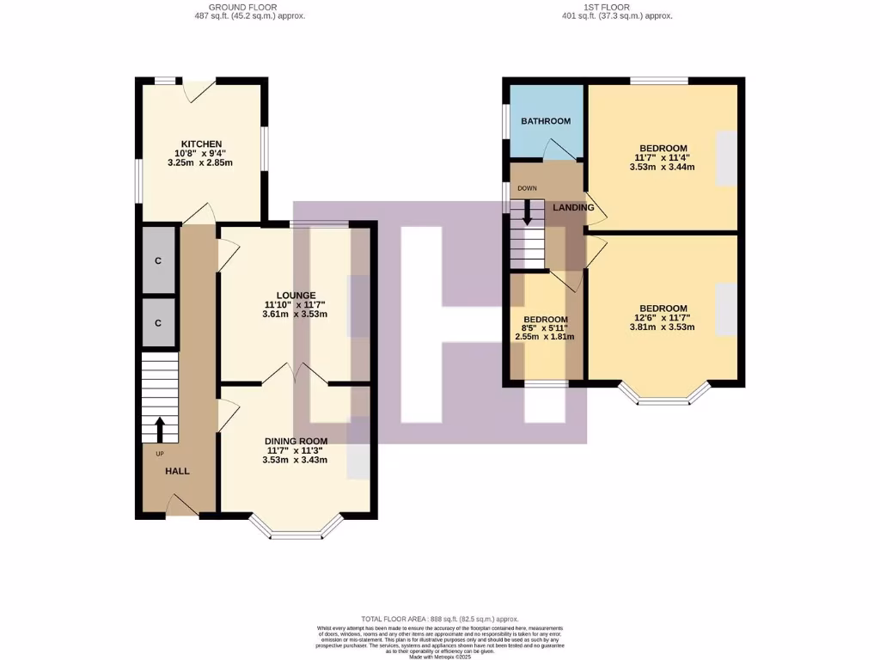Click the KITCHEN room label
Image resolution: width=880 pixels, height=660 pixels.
[x=201, y=144]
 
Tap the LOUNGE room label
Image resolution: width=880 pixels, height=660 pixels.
[x=295, y=295]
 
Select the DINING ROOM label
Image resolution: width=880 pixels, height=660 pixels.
[x=295, y=441]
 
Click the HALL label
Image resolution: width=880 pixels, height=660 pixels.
[x=177, y=471]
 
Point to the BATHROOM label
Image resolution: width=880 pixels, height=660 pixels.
[x=546, y=121]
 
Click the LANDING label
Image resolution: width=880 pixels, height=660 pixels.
[x=573, y=207]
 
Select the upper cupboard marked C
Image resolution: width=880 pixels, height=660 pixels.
[x=158, y=261]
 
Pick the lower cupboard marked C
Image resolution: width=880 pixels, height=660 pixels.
[x=158, y=323]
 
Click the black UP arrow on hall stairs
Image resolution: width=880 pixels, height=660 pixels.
[x=160, y=428]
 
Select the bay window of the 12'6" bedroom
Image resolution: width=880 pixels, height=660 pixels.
[x=663, y=396]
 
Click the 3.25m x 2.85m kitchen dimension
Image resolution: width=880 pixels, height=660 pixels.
[x=201, y=163]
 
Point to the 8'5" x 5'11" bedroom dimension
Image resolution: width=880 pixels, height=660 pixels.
[x=545, y=327]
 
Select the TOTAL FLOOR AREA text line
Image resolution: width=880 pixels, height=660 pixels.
[x=440, y=619]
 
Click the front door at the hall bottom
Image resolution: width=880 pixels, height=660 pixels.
[x=182, y=507]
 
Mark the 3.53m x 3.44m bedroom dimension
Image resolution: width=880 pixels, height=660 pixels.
[x=662, y=168]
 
